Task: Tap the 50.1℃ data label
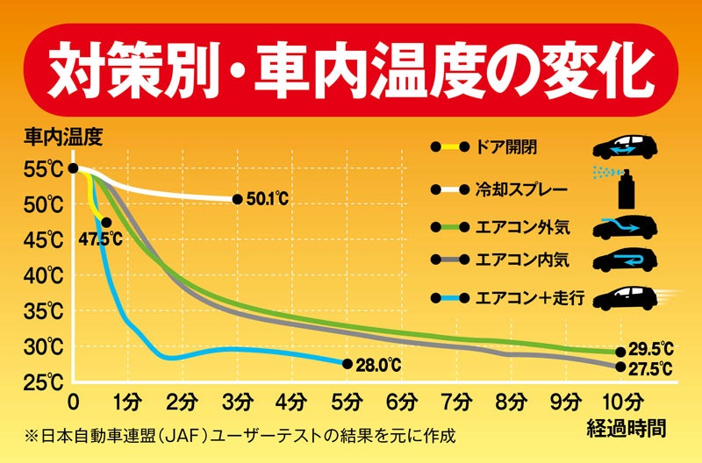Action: coord(267,200)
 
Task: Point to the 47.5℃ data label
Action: coord(100,239)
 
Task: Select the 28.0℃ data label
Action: coord(378,364)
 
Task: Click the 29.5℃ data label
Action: coord(652,350)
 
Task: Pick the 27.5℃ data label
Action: coord(652,368)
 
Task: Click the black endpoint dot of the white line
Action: coord(238,200)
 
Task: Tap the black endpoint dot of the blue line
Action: coord(347,364)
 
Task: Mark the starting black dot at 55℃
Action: coord(73,168)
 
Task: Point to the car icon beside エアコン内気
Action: coord(626,260)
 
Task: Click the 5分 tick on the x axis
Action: coord(347,402)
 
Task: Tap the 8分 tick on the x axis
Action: coord(511,402)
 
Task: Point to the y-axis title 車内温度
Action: coord(63,137)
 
